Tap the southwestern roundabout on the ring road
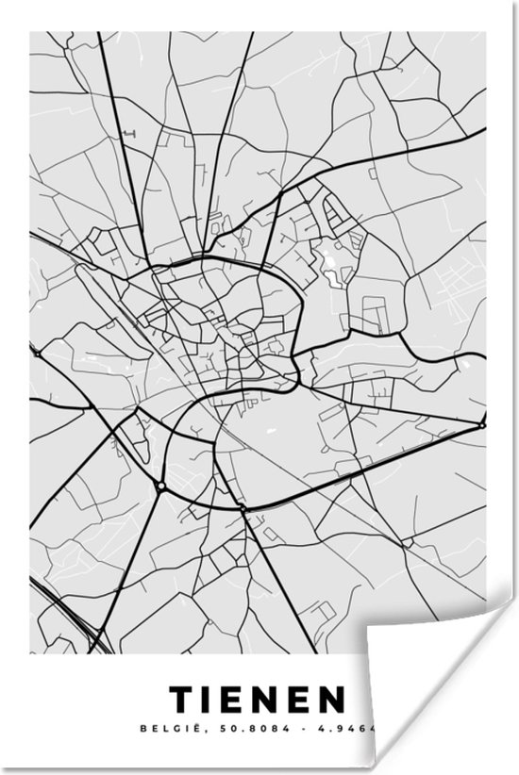162,486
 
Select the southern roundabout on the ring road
243,508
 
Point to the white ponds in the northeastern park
333,255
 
